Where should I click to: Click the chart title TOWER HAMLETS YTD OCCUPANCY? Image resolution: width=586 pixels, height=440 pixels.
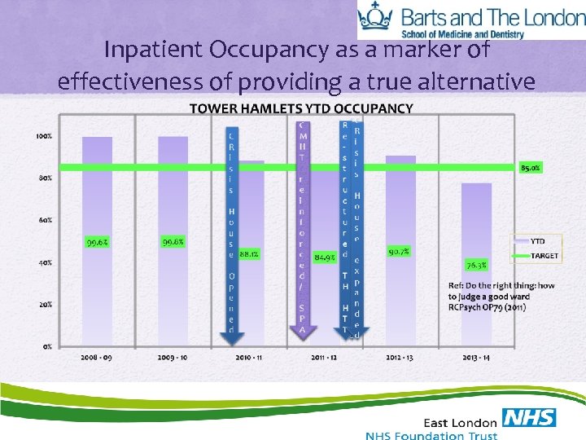[300, 108]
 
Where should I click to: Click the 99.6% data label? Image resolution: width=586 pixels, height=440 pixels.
[97, 242]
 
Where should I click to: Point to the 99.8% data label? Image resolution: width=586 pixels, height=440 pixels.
[173, 242]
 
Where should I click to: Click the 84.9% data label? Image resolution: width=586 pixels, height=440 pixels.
[325, 257]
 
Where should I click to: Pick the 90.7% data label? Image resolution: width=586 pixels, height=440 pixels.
[400, 252]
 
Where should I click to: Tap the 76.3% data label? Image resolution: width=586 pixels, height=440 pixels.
[476, 265]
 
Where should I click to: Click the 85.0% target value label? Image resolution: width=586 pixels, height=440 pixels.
[531, 168]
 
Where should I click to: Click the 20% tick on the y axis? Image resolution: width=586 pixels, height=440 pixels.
[46, 304]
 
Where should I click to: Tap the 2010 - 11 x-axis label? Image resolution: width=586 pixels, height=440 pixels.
[249, 357]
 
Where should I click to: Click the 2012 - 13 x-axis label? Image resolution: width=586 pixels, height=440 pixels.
[400, 357]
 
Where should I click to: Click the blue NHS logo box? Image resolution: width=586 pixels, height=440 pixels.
[529, 418]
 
